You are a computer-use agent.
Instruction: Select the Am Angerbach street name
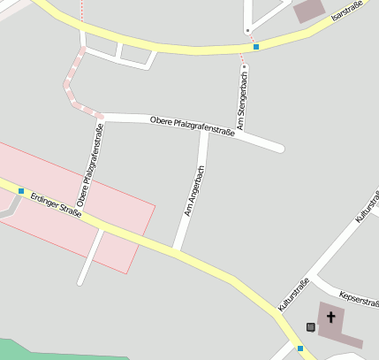click(194, 191)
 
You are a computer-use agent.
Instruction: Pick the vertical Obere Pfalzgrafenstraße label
click(92, 165)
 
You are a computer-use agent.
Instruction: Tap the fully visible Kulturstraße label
click(293, 294)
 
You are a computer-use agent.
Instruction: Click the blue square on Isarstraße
click(256, 46)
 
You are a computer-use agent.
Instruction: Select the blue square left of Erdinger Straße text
click(21, 191)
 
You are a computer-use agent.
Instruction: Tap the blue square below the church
click(300, 349)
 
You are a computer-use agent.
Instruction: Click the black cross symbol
click(331, 317)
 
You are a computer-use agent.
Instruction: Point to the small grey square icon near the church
click(311, 327)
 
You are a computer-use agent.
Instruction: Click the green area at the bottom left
click(53, 350)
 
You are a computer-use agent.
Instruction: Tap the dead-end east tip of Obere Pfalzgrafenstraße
click(279, 148)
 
